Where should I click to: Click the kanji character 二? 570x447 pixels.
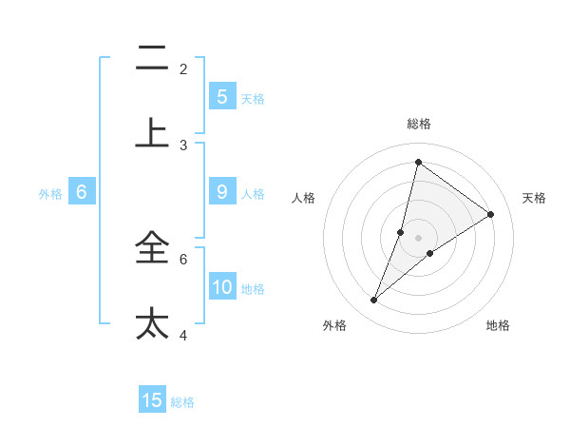click(152, 59)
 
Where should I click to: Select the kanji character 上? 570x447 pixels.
click(152, 131)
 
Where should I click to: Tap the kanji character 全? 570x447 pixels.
click(152, 250)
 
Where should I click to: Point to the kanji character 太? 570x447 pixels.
click(152, 321)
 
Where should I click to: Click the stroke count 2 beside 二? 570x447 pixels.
click(183, 69)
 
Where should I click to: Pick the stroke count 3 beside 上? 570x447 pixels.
click(183, 146)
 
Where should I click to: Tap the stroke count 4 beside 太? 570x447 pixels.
click(183, 335)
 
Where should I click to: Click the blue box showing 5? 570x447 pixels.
click(222, 96)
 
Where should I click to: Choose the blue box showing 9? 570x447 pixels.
click(222, 192)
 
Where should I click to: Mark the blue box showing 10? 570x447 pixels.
click(222, 287)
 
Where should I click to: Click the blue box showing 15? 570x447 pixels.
click(152, 400)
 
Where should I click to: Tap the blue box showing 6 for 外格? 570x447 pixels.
click(82, 192)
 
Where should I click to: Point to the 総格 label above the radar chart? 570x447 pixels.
click(418, 124)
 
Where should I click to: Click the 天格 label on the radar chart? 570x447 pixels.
click(534, 198)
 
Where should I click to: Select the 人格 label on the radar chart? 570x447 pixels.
click(303, 198)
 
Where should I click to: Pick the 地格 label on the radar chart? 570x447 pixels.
click(498, 325)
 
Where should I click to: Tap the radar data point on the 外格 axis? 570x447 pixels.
click(374, 301)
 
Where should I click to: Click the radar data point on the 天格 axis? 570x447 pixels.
click(491, 215)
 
